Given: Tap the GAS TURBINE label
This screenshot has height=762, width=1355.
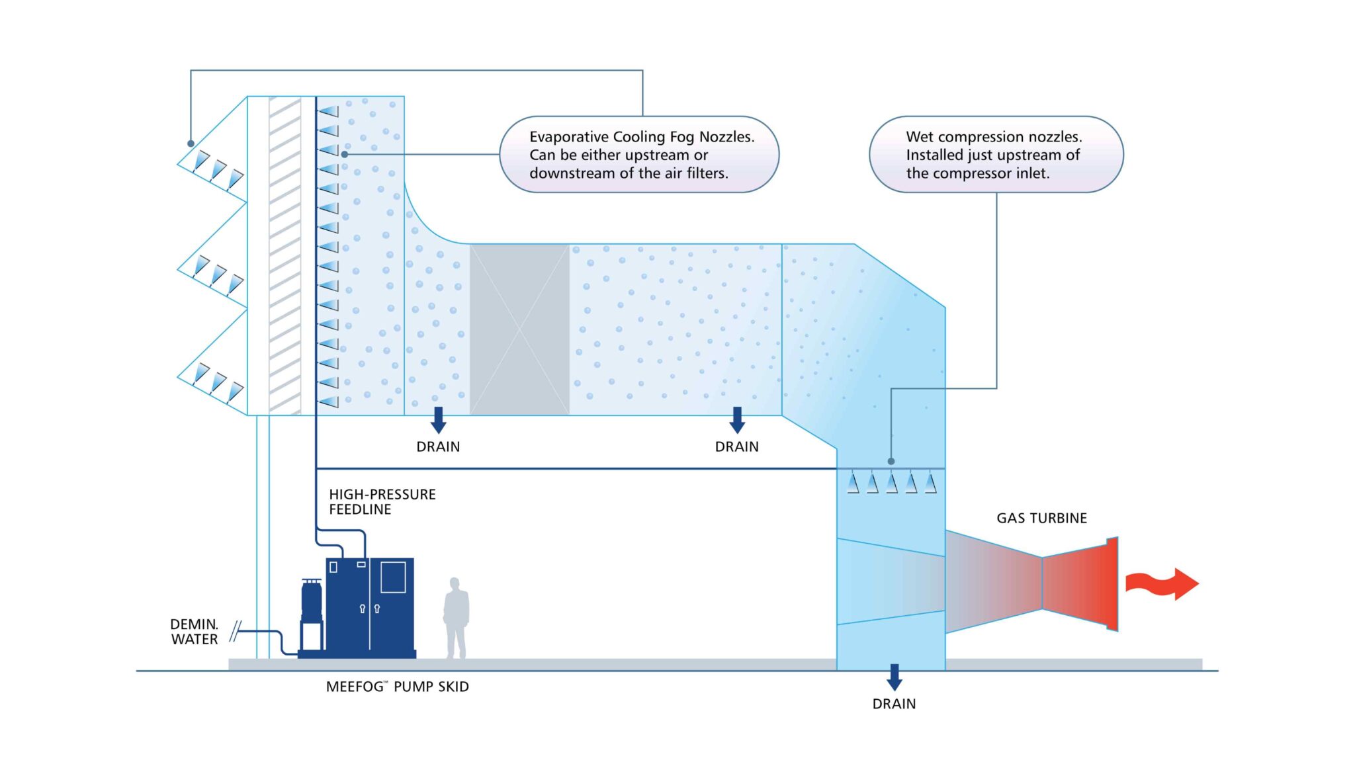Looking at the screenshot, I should [x=1041, y=519].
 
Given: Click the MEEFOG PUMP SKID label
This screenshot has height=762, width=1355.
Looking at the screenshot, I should [x=397, y=687].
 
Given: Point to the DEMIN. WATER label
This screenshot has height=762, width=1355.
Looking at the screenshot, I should [x=194, y=632].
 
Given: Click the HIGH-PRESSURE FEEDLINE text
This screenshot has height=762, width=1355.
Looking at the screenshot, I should [x=382, y=502].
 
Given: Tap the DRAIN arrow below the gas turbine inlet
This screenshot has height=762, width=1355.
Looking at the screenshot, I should [x=894, y=677].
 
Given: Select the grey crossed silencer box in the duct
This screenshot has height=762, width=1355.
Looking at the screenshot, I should [x=519, y=329].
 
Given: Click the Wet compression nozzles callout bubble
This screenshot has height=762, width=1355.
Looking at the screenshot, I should [x=995, y=155].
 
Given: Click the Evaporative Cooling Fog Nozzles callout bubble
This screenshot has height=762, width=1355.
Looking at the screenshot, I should [x=638, y=155].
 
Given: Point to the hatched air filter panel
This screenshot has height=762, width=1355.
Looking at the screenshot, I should [x=285, y=255].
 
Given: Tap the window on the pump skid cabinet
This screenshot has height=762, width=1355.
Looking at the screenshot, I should [x=393, y=577].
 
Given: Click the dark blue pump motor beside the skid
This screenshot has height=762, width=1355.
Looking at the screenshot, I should [x=312, y=601].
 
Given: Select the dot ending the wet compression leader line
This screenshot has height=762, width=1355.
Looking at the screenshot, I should [x=891, y=461].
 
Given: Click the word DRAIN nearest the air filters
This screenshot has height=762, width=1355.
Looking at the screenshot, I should [x=438, y=447].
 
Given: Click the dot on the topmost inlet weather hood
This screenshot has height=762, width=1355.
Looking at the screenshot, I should [x=191, y=144].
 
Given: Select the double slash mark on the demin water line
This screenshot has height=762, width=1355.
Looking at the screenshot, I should [x=234, y=632].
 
